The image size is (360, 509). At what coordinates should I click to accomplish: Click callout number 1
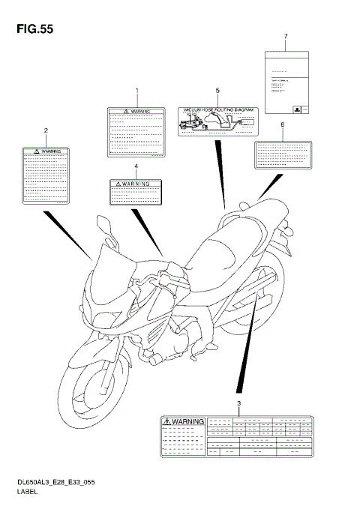click(136, 91)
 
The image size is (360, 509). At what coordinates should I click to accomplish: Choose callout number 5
click(217, 91)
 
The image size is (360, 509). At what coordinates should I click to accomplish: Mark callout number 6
click(282, 125)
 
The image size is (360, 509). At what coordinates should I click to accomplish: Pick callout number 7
click(286, 36)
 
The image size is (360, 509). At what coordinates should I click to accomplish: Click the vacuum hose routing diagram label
click(217, 120)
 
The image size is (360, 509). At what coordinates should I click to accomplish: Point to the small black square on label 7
click(298, 108)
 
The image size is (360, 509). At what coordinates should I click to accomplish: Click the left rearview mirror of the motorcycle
click(103, 226)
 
